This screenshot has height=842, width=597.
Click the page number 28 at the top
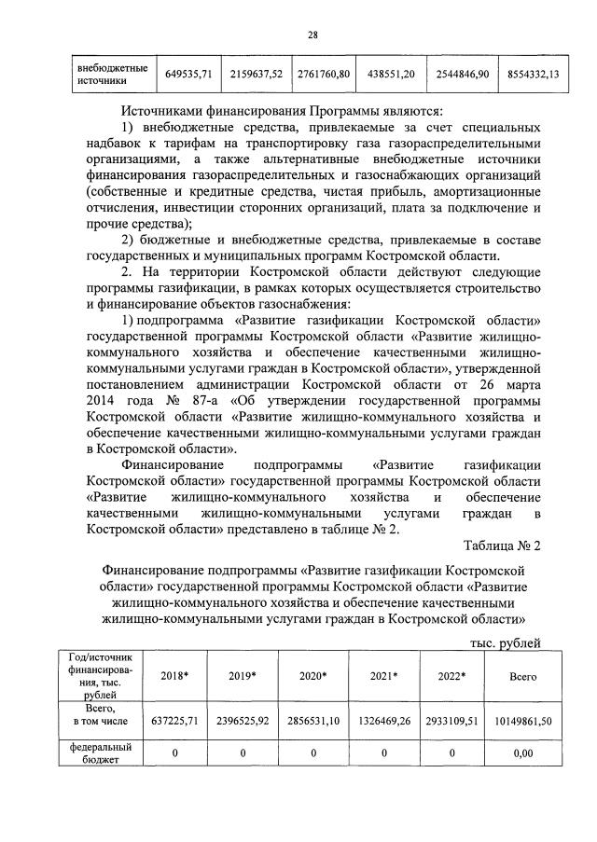coord(313,35)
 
